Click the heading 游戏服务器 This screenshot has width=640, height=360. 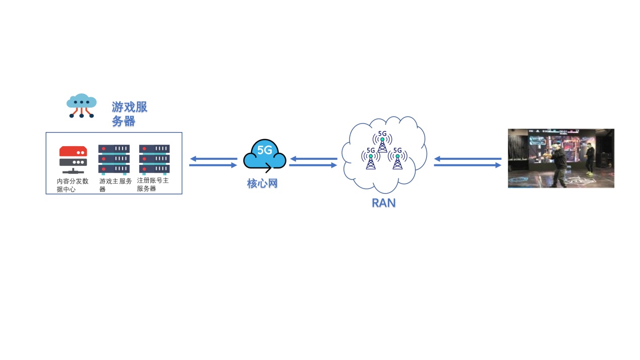(129, 114)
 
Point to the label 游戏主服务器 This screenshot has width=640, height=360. (115, 185)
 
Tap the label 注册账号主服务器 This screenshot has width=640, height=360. (152, 184)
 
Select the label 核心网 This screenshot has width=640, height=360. (262, 183)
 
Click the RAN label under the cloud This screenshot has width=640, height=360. (383, 203)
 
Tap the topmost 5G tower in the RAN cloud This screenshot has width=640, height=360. (382, 142)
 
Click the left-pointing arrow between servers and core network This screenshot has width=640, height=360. (213, 159)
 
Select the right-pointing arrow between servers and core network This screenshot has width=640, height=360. (213, 165)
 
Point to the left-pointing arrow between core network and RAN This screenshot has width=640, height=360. (313, 159)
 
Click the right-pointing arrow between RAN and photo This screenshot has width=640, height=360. (468, 165)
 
